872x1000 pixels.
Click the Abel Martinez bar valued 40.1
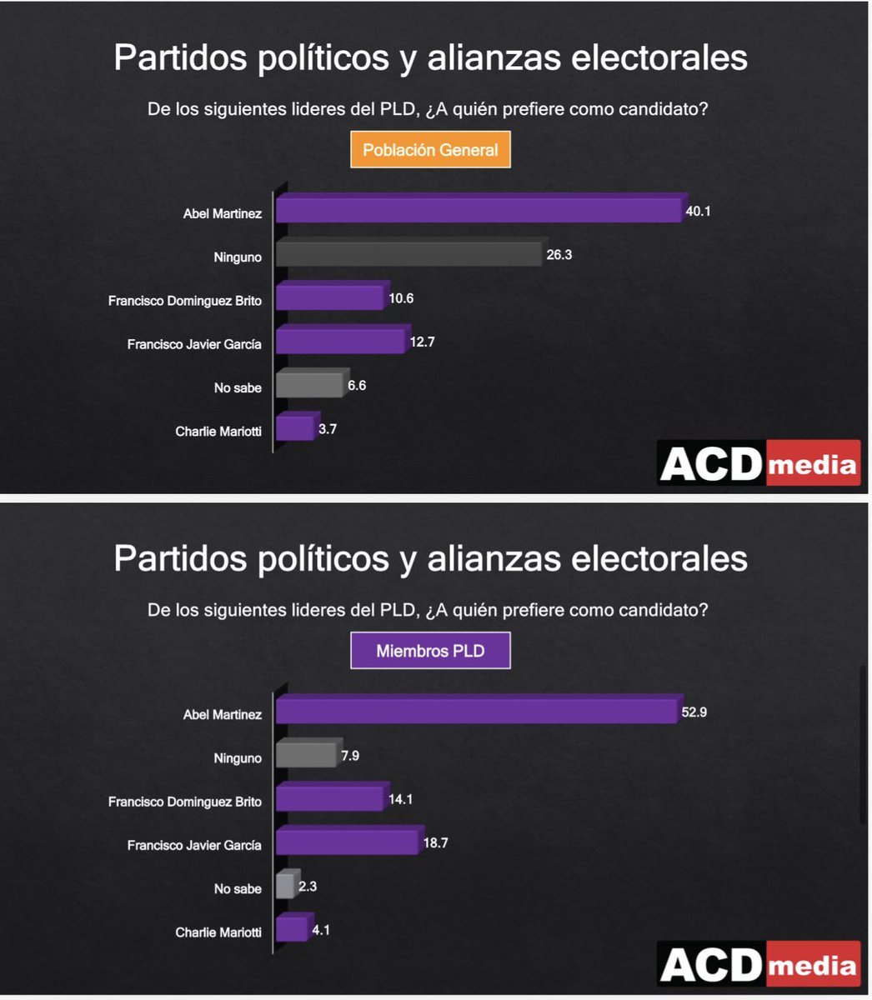point(479,210)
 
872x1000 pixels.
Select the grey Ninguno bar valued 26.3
point(408,254)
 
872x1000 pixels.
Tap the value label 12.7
point(421,342)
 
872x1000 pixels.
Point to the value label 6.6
point(356,386)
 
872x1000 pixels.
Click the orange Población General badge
point(430,150)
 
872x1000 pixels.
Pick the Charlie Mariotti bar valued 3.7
point(294,427)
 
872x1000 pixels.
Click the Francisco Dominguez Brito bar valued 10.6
point(330,297)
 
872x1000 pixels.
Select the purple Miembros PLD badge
point(430,651)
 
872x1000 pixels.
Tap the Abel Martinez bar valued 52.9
point(476,711)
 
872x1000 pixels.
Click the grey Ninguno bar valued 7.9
point(305,755)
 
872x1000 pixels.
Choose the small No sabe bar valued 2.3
point(285,886)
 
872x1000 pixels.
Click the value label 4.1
point(321,929)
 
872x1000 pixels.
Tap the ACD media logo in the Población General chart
point(759,463)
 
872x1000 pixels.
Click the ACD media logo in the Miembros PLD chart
point(759,964)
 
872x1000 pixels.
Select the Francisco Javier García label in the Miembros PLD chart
point(194,845)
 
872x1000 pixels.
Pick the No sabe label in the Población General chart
point(237,387)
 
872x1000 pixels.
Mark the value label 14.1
point(400,799)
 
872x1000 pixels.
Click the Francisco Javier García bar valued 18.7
point(346,842)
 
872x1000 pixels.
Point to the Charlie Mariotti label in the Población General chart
point(218,432)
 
